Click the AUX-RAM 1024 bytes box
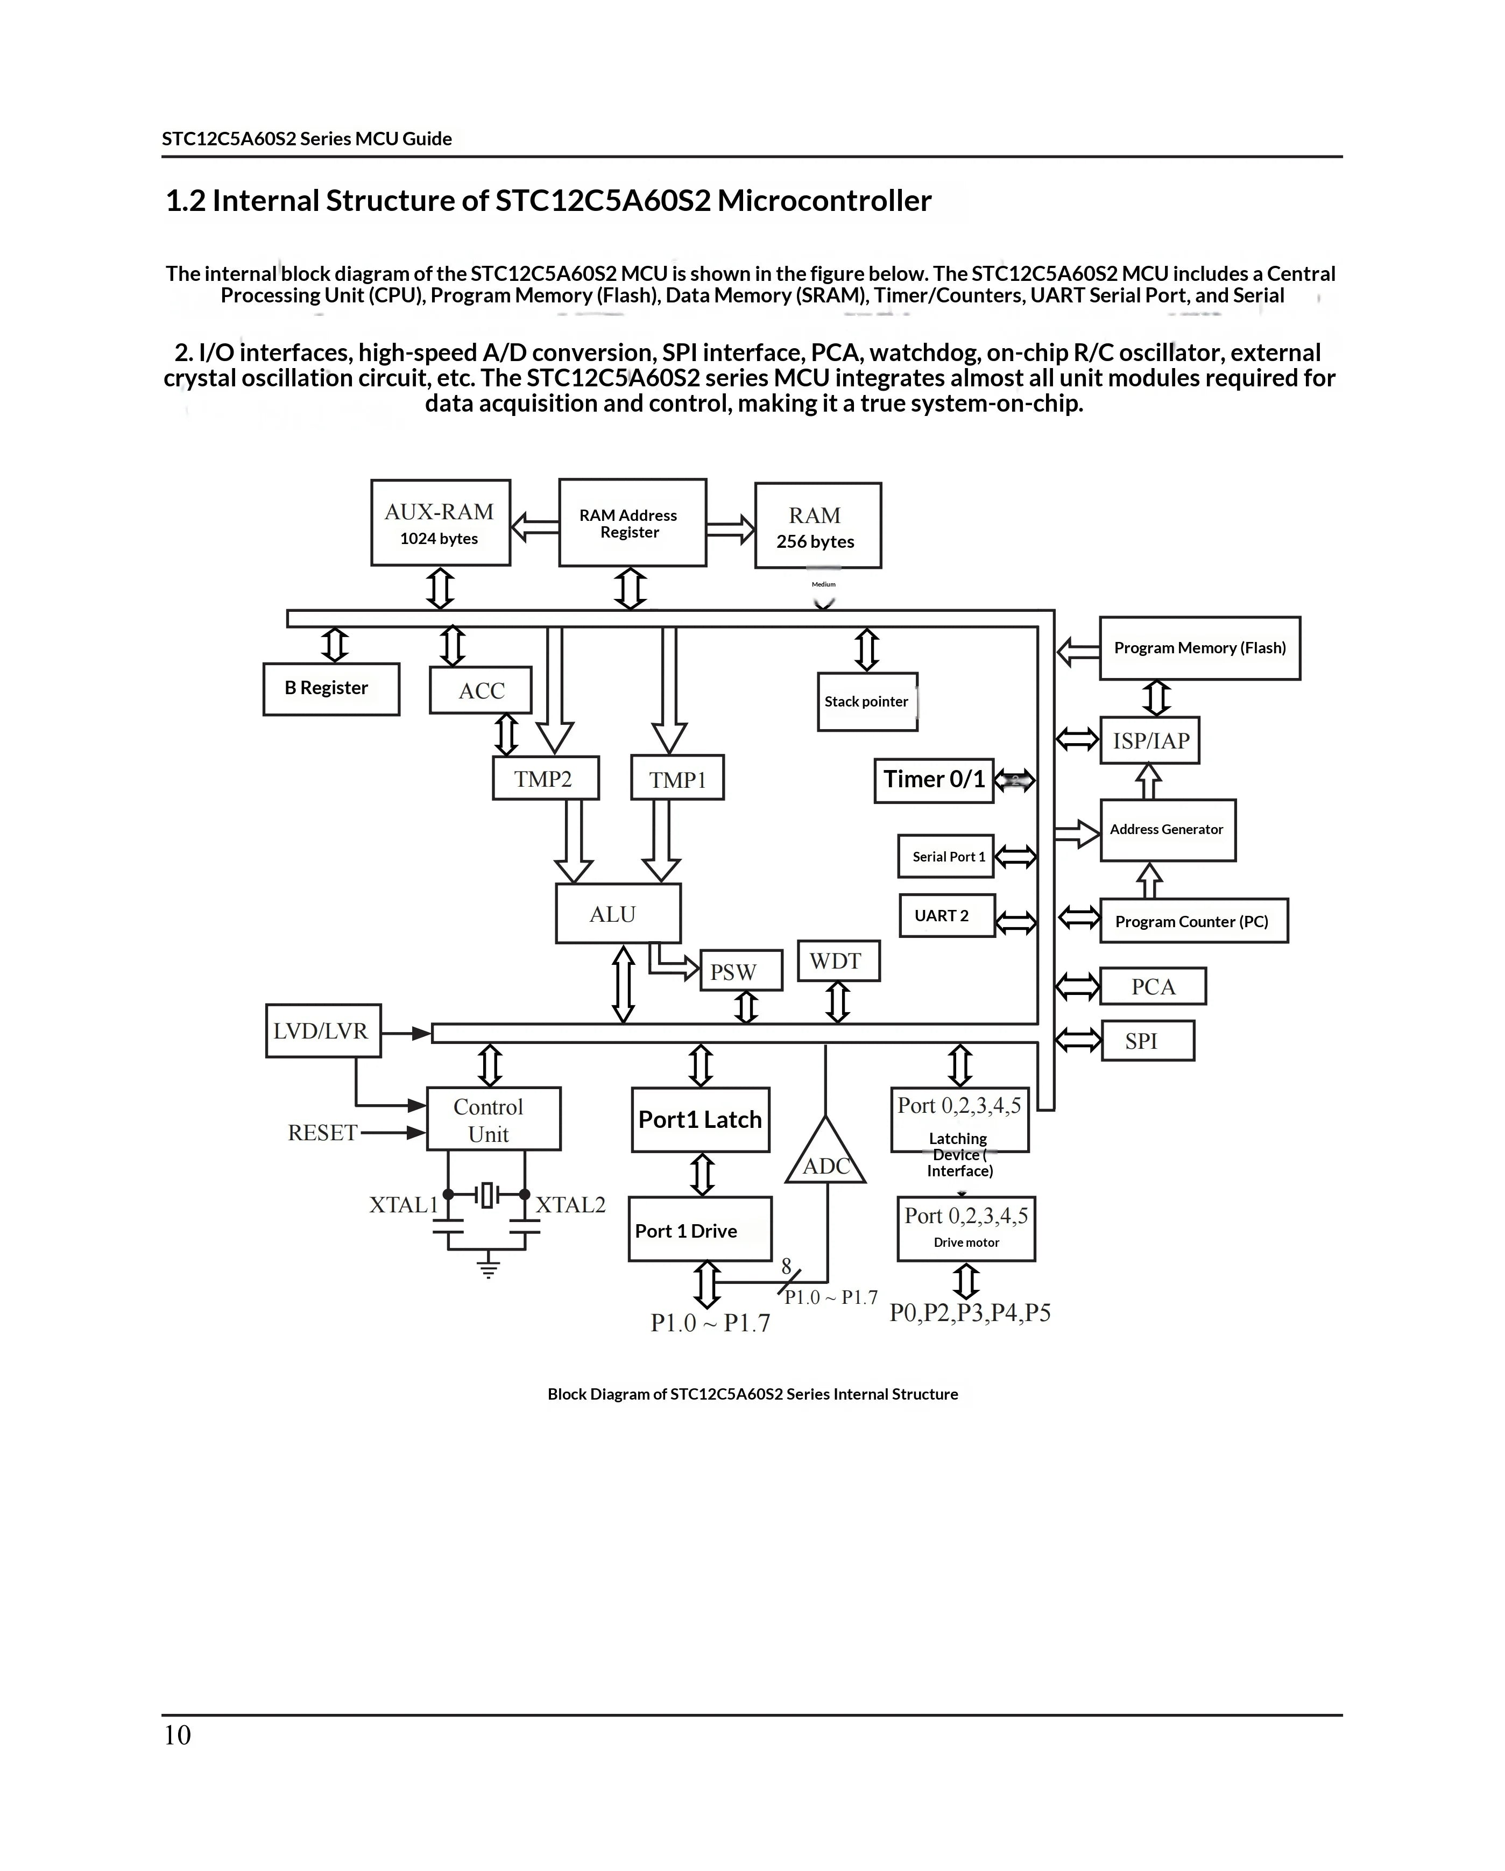coord(440,523)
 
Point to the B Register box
coord(331,689)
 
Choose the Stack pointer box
coord(867,701)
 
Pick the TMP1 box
coord(677,778)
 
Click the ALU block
coord(618,913)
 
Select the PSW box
coord(740,970)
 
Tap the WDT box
coord(838,961)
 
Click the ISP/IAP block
coord(1150,740)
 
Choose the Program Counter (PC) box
coord(1193,921)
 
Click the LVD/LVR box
coord(323,1031)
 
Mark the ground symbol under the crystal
coord(489,1268)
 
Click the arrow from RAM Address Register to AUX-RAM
coord(535,526)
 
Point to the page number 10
coord(177,1735)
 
